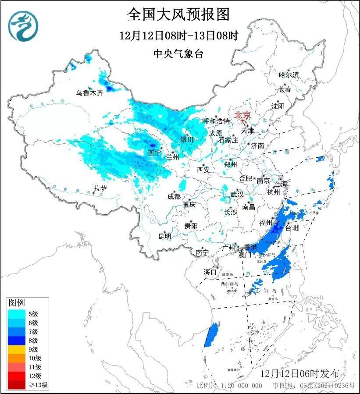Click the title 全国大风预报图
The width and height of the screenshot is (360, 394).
pyautogui.click(x=178, y=15)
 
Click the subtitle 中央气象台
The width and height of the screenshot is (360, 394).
pyautogui.click(x=178, y=54)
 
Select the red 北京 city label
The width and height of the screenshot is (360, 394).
pyautogui.click(x=242, y=115)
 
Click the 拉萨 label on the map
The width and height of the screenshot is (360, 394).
pyautogui.click(x=100, y=188)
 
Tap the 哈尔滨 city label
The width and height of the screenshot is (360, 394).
pyautogui.click(x=289, y=75)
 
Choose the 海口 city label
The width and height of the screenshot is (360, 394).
pyautogui.click(x=210, y=272)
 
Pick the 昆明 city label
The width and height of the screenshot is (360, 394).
pyautogui.click(x=165, y=236)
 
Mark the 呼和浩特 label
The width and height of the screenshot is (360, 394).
pyautogui.click(x=216, y=121)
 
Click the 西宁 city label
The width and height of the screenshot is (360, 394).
pyautogui.click(x=154, y=153)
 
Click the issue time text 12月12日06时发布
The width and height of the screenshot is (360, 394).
pyautogui.click(x=306, y=374)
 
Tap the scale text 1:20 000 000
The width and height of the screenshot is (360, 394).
pyautogui.click(x=242, y=386)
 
